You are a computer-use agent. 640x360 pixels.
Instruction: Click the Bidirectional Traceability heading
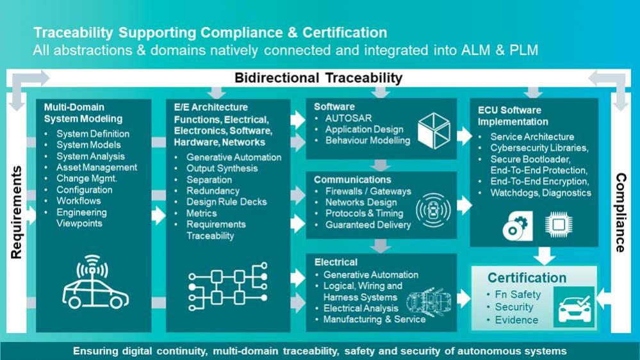tap(318, 78)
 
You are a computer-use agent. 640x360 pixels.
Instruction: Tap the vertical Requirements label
tap(16, 212)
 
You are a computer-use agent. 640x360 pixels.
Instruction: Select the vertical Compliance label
tap(620, 213)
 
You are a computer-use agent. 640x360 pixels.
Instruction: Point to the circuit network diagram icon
tap(228, 286)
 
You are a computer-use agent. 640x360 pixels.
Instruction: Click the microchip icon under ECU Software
tap(559, 224)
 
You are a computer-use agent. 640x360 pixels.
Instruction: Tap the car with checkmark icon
tap(574, 307)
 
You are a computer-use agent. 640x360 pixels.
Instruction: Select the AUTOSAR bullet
tap(348, 119)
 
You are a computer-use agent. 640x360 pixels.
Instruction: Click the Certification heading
tap(527, 278)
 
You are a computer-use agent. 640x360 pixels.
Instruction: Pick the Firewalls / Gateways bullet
tap(368, 191)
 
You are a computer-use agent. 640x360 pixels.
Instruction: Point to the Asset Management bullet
tap(97, 167)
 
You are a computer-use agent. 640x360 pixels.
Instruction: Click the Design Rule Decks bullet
tap(227, 202)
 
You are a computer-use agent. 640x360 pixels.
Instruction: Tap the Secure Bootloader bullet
tap(530, 160)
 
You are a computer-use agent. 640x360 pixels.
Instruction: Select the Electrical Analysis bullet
tap(361, 308)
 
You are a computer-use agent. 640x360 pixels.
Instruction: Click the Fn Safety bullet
tap(518, 294)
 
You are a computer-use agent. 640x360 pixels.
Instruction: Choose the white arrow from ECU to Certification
tap(544, 256)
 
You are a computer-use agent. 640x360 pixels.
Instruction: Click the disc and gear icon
tap(518, 225)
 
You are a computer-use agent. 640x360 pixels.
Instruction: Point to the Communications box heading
tap(352, 179)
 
